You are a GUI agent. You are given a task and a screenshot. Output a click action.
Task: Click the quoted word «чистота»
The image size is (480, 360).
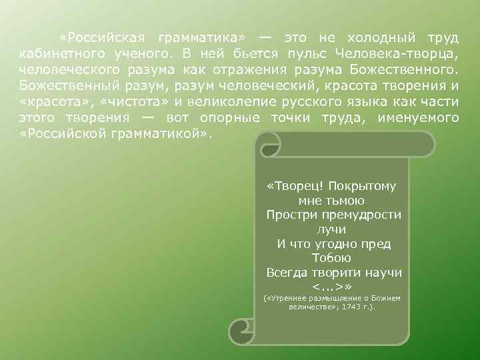point(144,101)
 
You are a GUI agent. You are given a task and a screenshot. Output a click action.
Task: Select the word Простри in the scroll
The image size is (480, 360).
point(290,215)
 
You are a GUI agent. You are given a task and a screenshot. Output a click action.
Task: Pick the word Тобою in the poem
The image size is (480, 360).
point(331,258)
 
